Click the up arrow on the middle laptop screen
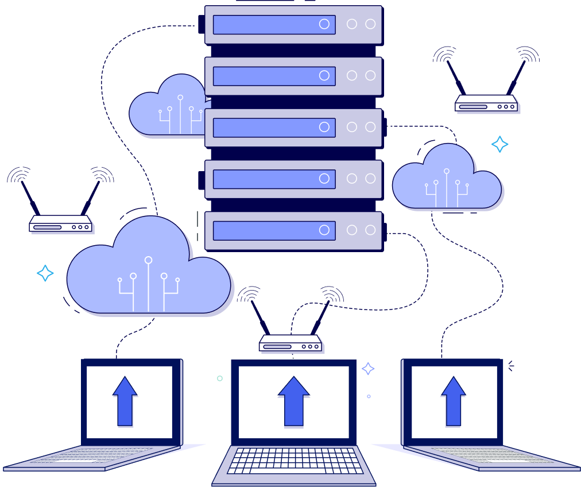[x=293, y=401]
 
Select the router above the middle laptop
[x=290, y=344]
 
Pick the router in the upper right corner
[x=487, y=105]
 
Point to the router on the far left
[x=61, y=225]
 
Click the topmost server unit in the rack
[x=293, y=25]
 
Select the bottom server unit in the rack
[x=293, y=231]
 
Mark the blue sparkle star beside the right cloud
[x=499, y=144]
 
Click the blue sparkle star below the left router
[x=45, y=273]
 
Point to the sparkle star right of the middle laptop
[x=369, y=369]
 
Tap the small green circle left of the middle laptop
[x=220, y=378]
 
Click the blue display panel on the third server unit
[x=274, y=127]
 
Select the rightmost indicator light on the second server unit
[x=370, y=75]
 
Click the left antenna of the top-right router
[x=454, y=77]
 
